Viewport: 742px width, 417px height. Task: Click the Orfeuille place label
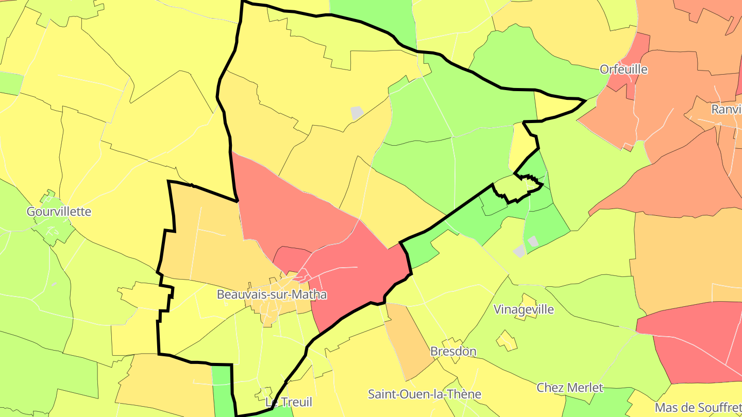pyautogui.click(x=623, y=69)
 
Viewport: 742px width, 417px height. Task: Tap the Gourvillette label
pyautogui.click(x=59, y=212)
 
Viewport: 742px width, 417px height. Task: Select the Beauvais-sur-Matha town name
pyautogui.click(x=272, y=294)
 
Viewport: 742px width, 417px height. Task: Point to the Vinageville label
pyautogui.click(x=524, y=309)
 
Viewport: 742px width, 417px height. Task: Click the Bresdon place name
pyautogui.click(x=453, y=351)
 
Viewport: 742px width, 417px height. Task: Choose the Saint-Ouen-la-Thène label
pyautogui.click(x=424, y=394)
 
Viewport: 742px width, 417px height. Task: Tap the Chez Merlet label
pyautogui.click(x=569, y=388)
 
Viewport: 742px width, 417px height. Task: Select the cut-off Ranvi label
pyautogui.click(x=726, y=109)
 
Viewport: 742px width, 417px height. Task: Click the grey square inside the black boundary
pyautogui.click(x=357, y=113)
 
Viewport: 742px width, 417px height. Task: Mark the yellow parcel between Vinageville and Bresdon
pyautogui.click(x=506, y=340)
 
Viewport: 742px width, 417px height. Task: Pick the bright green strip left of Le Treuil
pyautogui.click(x=222, y=391)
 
